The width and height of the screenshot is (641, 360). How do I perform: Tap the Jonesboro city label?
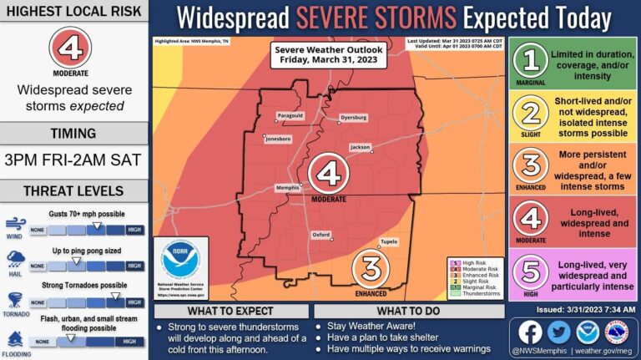278,138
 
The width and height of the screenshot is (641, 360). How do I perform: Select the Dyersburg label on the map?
353,119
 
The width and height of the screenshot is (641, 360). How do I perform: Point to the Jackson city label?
360,147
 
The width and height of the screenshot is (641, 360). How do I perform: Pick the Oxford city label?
321,235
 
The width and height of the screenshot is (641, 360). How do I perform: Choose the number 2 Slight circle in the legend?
531,116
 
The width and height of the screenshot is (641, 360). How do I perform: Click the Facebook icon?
530,332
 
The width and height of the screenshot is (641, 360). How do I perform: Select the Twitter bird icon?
559,332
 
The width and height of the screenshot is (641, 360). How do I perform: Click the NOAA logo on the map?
181,262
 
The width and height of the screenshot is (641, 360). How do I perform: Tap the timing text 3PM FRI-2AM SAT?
74,160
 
